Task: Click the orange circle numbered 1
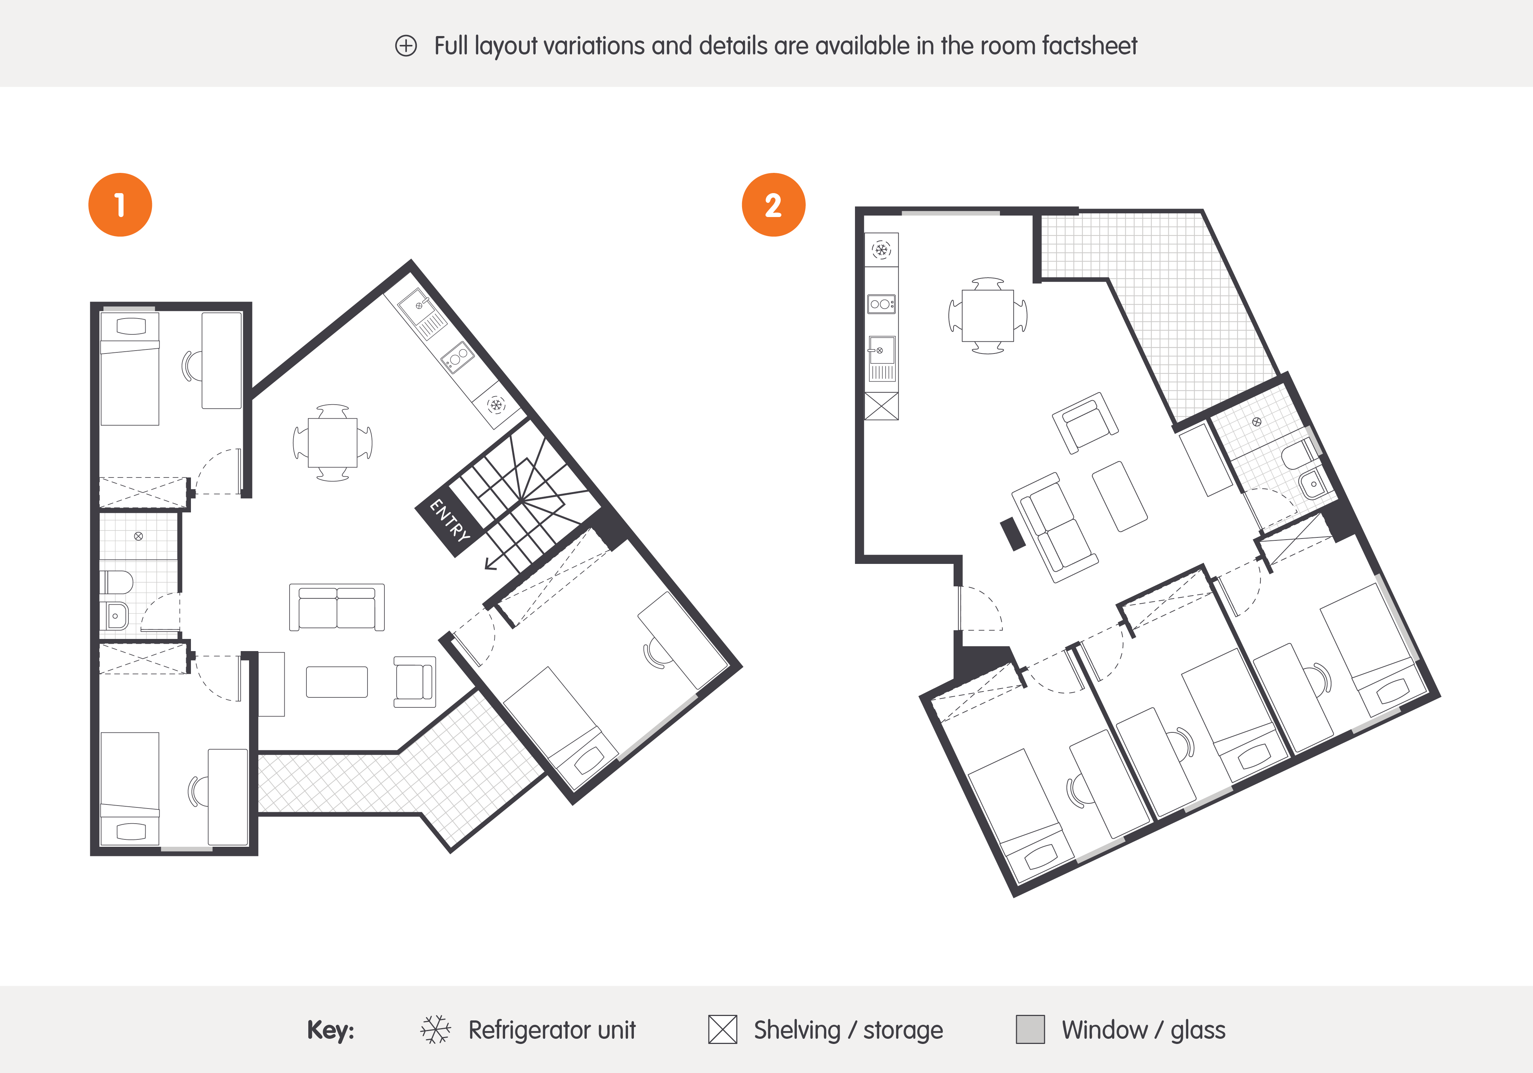120,205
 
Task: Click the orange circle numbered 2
773,205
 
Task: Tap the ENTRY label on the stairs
449,519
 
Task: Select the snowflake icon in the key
435,1030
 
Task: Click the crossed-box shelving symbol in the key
723,1030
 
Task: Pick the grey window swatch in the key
1030,1030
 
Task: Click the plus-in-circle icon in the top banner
406,46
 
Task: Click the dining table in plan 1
333,443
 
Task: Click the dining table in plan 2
987,315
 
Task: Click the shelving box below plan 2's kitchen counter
881,406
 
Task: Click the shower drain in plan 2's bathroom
1257,421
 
